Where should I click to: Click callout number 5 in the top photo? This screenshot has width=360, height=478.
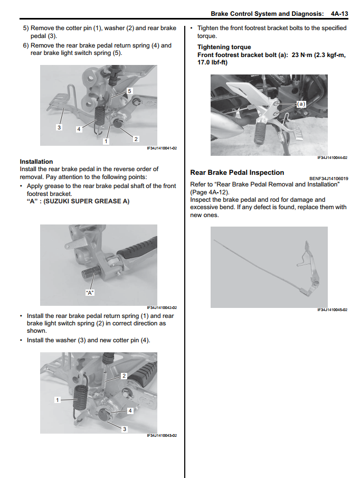[x=129, y=91]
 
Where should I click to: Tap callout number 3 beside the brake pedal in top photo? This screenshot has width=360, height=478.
[x=59, y=127]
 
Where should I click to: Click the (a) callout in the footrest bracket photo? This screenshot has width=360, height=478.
[x=301, y=105]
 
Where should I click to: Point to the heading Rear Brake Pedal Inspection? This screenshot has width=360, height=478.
[x=236, y=172]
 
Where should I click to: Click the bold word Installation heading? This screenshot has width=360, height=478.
[x=36, y=162]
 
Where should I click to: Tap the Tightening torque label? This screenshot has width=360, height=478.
[x=224, y=47]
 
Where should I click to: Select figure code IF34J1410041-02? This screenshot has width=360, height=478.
[x=162, y=148]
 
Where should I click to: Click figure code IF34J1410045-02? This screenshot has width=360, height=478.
[x=332, y=310]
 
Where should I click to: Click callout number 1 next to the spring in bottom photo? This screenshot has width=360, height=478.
[x=58, y=400]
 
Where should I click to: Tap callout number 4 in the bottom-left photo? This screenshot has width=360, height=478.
[x=129, y=410]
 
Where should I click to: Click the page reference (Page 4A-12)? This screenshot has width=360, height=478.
[x=210, y=192]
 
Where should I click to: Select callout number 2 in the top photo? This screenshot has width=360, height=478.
[x=136, y=139]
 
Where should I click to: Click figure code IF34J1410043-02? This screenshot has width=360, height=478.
[x=162, y=436]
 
